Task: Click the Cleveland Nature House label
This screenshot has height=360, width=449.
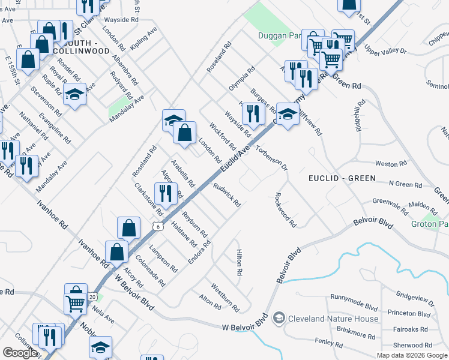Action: [x=333, y=319]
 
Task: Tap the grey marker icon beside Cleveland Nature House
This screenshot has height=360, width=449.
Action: [x=278, y=317]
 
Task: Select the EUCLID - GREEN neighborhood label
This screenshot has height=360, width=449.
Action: [x=342, y=178]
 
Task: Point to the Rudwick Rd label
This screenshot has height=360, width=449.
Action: [x=226, y=195]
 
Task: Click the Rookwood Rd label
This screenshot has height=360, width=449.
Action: [x=285, y=209]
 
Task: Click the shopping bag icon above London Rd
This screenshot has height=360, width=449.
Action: [x=185, y=132]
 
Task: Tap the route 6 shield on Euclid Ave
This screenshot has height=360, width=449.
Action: [x=157, y=226]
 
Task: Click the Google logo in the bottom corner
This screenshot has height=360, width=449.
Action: [x=20, y=353]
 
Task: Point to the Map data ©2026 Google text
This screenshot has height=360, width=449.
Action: [x=412, y=355]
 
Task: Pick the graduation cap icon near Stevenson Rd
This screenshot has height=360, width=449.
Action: [x=75, y=95]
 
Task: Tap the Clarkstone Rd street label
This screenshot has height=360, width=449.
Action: [x=148, y=199]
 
